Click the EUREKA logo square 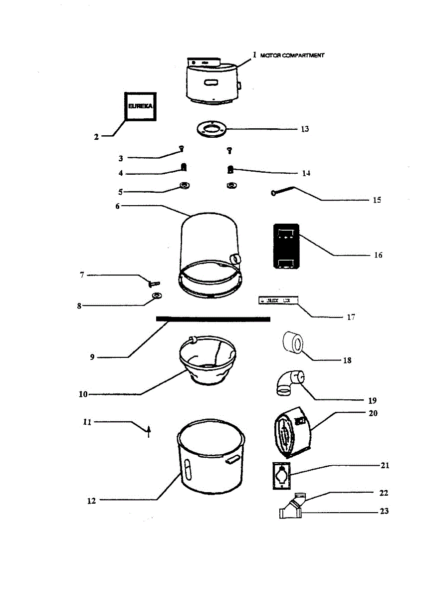(x=140, y=106)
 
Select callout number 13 (x=304, y=129)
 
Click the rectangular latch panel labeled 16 (x=286, y=246)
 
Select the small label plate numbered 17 (x=278, y=300)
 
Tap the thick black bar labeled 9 (x=213, y=318)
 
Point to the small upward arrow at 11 (x=148, y=430)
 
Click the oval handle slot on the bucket (x=187, y=470)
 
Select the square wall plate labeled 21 (x=282, y=475)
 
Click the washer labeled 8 (x=157, y=297)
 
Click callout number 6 (x=118, y=206)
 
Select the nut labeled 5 (x=184, y=186)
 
